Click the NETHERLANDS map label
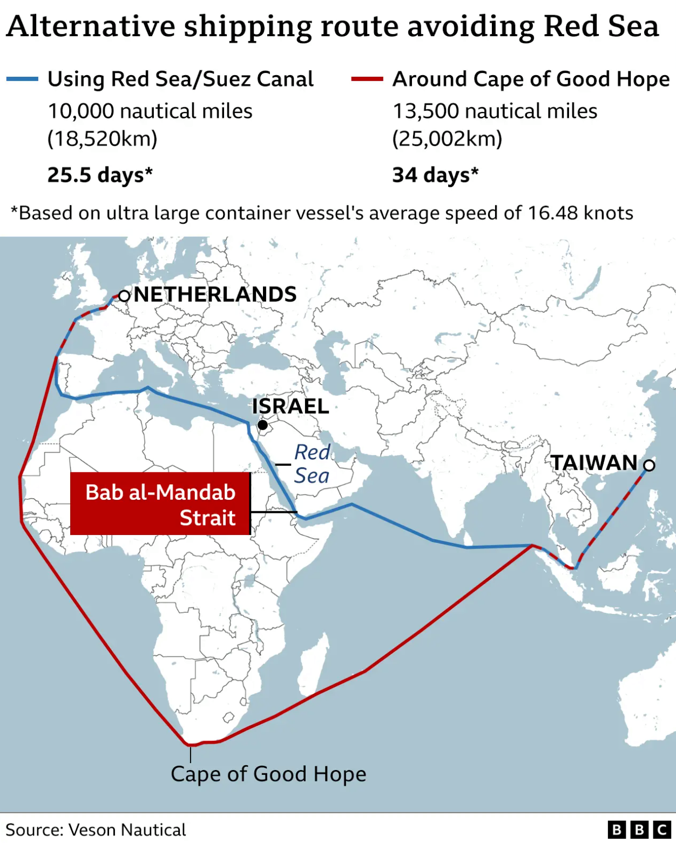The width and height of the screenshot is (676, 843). click(x=215, y=295)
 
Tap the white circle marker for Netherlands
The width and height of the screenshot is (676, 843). click(x=124, y=296)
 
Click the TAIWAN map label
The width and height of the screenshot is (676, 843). click(x=594, y=463)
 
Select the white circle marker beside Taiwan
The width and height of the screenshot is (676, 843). click(x=649, y=465)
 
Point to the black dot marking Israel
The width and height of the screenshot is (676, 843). click(x=262, y=425)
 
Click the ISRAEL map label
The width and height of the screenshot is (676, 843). click(x=290, y=406)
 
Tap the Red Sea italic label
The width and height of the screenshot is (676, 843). click(x=312, y=464)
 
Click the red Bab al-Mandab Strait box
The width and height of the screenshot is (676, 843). click(x=160, y=504)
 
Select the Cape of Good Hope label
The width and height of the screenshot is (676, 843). click(x=268, y=774)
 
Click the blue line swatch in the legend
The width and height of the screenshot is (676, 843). click(x=22, y=79)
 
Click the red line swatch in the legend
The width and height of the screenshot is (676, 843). click(x=367, y=79)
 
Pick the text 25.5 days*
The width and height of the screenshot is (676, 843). click(x=100, y=175)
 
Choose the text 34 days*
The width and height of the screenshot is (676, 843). click(x=435, y=175)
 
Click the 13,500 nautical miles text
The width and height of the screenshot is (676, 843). click(x=495, y=111)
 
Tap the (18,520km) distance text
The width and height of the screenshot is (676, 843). click(x=102, y=139)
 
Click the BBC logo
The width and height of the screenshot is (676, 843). click(x=639, y=829)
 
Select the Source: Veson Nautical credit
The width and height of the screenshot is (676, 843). click(x=96, y=829)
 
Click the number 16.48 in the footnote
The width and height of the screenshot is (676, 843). click(x=550, y=213)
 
